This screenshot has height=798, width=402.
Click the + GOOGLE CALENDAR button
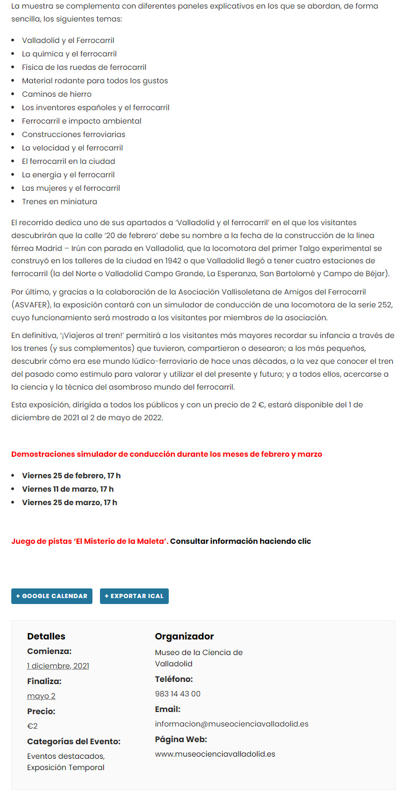[52, 596]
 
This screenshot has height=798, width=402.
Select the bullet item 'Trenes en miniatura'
[59, 202]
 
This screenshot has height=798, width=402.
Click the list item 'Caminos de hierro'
[56, 94]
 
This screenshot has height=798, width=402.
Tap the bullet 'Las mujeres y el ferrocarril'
[70, 188]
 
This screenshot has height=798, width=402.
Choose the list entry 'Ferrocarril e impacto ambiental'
[81, 121]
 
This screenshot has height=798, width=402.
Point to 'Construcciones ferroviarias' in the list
[73, 134]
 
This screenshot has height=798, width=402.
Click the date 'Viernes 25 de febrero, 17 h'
[71, 476]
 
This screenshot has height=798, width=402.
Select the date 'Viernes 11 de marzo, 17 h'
[68, 489]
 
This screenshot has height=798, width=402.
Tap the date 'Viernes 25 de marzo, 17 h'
[69, 502]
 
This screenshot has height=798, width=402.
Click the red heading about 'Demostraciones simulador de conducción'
[167, 454]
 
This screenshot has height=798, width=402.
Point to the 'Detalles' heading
[46, 636]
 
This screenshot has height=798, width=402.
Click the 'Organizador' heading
[184, 636]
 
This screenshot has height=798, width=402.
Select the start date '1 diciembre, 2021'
[58, 666]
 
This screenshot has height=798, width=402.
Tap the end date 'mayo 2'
[41, 696]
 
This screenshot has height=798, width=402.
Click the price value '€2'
[32, 726]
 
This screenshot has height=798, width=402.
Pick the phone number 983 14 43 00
[177, 694]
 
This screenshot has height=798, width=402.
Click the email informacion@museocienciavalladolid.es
[232, 724]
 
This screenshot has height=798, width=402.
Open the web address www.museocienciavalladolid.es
[215, 754]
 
